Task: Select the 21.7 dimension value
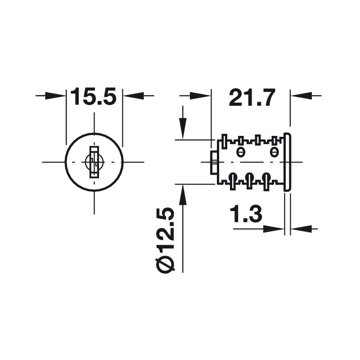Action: [x=252, y=97]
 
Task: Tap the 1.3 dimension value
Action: [x=246, y=214]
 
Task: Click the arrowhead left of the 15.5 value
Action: [x=56, y=95]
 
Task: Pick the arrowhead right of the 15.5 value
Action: [x=133, y=95]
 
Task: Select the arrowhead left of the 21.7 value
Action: [x=200, y=95]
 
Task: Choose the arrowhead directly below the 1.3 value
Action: [x=274, y=229]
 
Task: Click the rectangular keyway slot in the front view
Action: [x=94, y=162]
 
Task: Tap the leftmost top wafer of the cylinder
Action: [x=224, y=141]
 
